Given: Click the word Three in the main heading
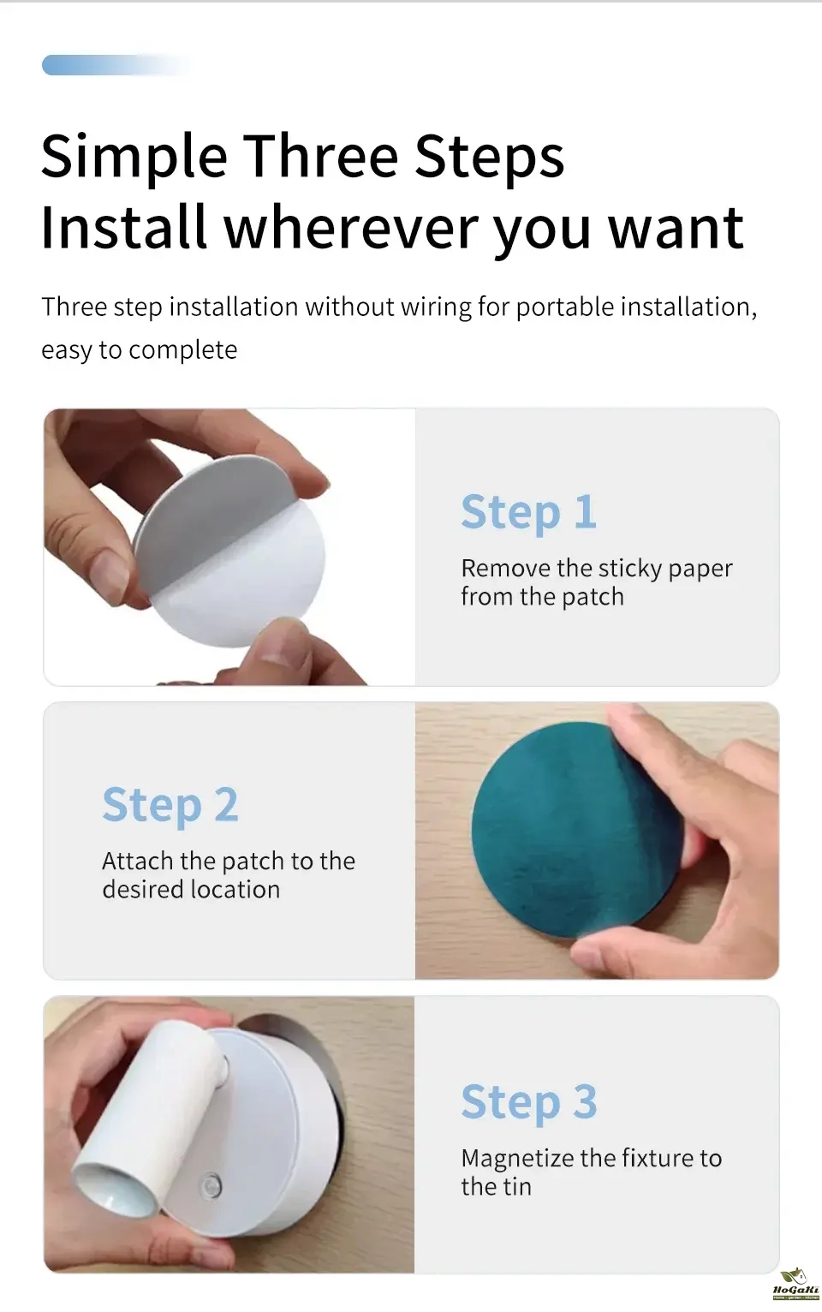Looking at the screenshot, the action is tap(320, 156).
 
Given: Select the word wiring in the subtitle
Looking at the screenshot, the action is tap(434, 307).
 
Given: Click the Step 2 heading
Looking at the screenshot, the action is tap(170, 806).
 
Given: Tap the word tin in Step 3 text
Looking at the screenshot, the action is tap(516, 1187).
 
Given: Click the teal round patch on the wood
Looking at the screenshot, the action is tap(577, 829).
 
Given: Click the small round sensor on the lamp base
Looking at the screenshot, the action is tap(212, 1186).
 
